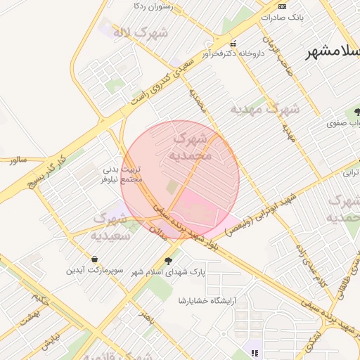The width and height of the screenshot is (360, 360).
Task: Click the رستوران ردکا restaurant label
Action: (153, 6)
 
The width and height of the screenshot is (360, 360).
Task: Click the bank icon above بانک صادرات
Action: (282, 6)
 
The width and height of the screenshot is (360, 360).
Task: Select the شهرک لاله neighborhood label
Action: (144, 32)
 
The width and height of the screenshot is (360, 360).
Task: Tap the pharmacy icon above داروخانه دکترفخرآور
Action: (233, 42)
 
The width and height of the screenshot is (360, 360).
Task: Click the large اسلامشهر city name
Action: (333, 53)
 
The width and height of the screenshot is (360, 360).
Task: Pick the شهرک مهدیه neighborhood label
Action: (266, 109)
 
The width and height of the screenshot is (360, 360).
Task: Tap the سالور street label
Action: (18, 160)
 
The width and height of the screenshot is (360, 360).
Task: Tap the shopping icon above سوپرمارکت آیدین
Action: (95, 259)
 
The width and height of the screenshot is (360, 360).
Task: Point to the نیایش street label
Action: (51, 343)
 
